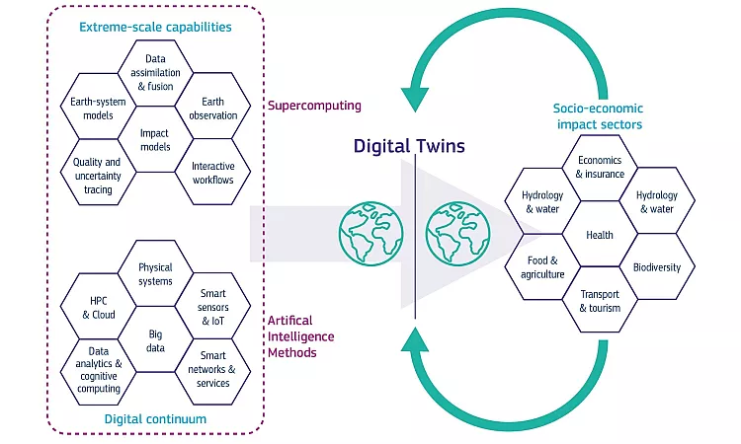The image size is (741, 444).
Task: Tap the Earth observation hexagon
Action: point(212,108)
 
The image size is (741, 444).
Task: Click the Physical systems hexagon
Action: point(155,273)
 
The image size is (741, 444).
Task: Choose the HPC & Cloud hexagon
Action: point(98,307)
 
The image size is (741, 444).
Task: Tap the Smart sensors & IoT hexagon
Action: point(212,307)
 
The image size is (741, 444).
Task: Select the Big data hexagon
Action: point(155,340)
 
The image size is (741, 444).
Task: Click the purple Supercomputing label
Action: point(314,105)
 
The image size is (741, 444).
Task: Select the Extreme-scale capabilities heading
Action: point(155,27)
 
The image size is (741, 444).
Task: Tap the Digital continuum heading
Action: point(155,419)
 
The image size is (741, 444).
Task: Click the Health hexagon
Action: point(600,235)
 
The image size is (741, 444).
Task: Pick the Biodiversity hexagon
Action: point(656,267)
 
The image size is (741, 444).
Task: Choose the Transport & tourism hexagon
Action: point(600,301)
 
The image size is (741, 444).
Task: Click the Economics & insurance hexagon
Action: point(600,168)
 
